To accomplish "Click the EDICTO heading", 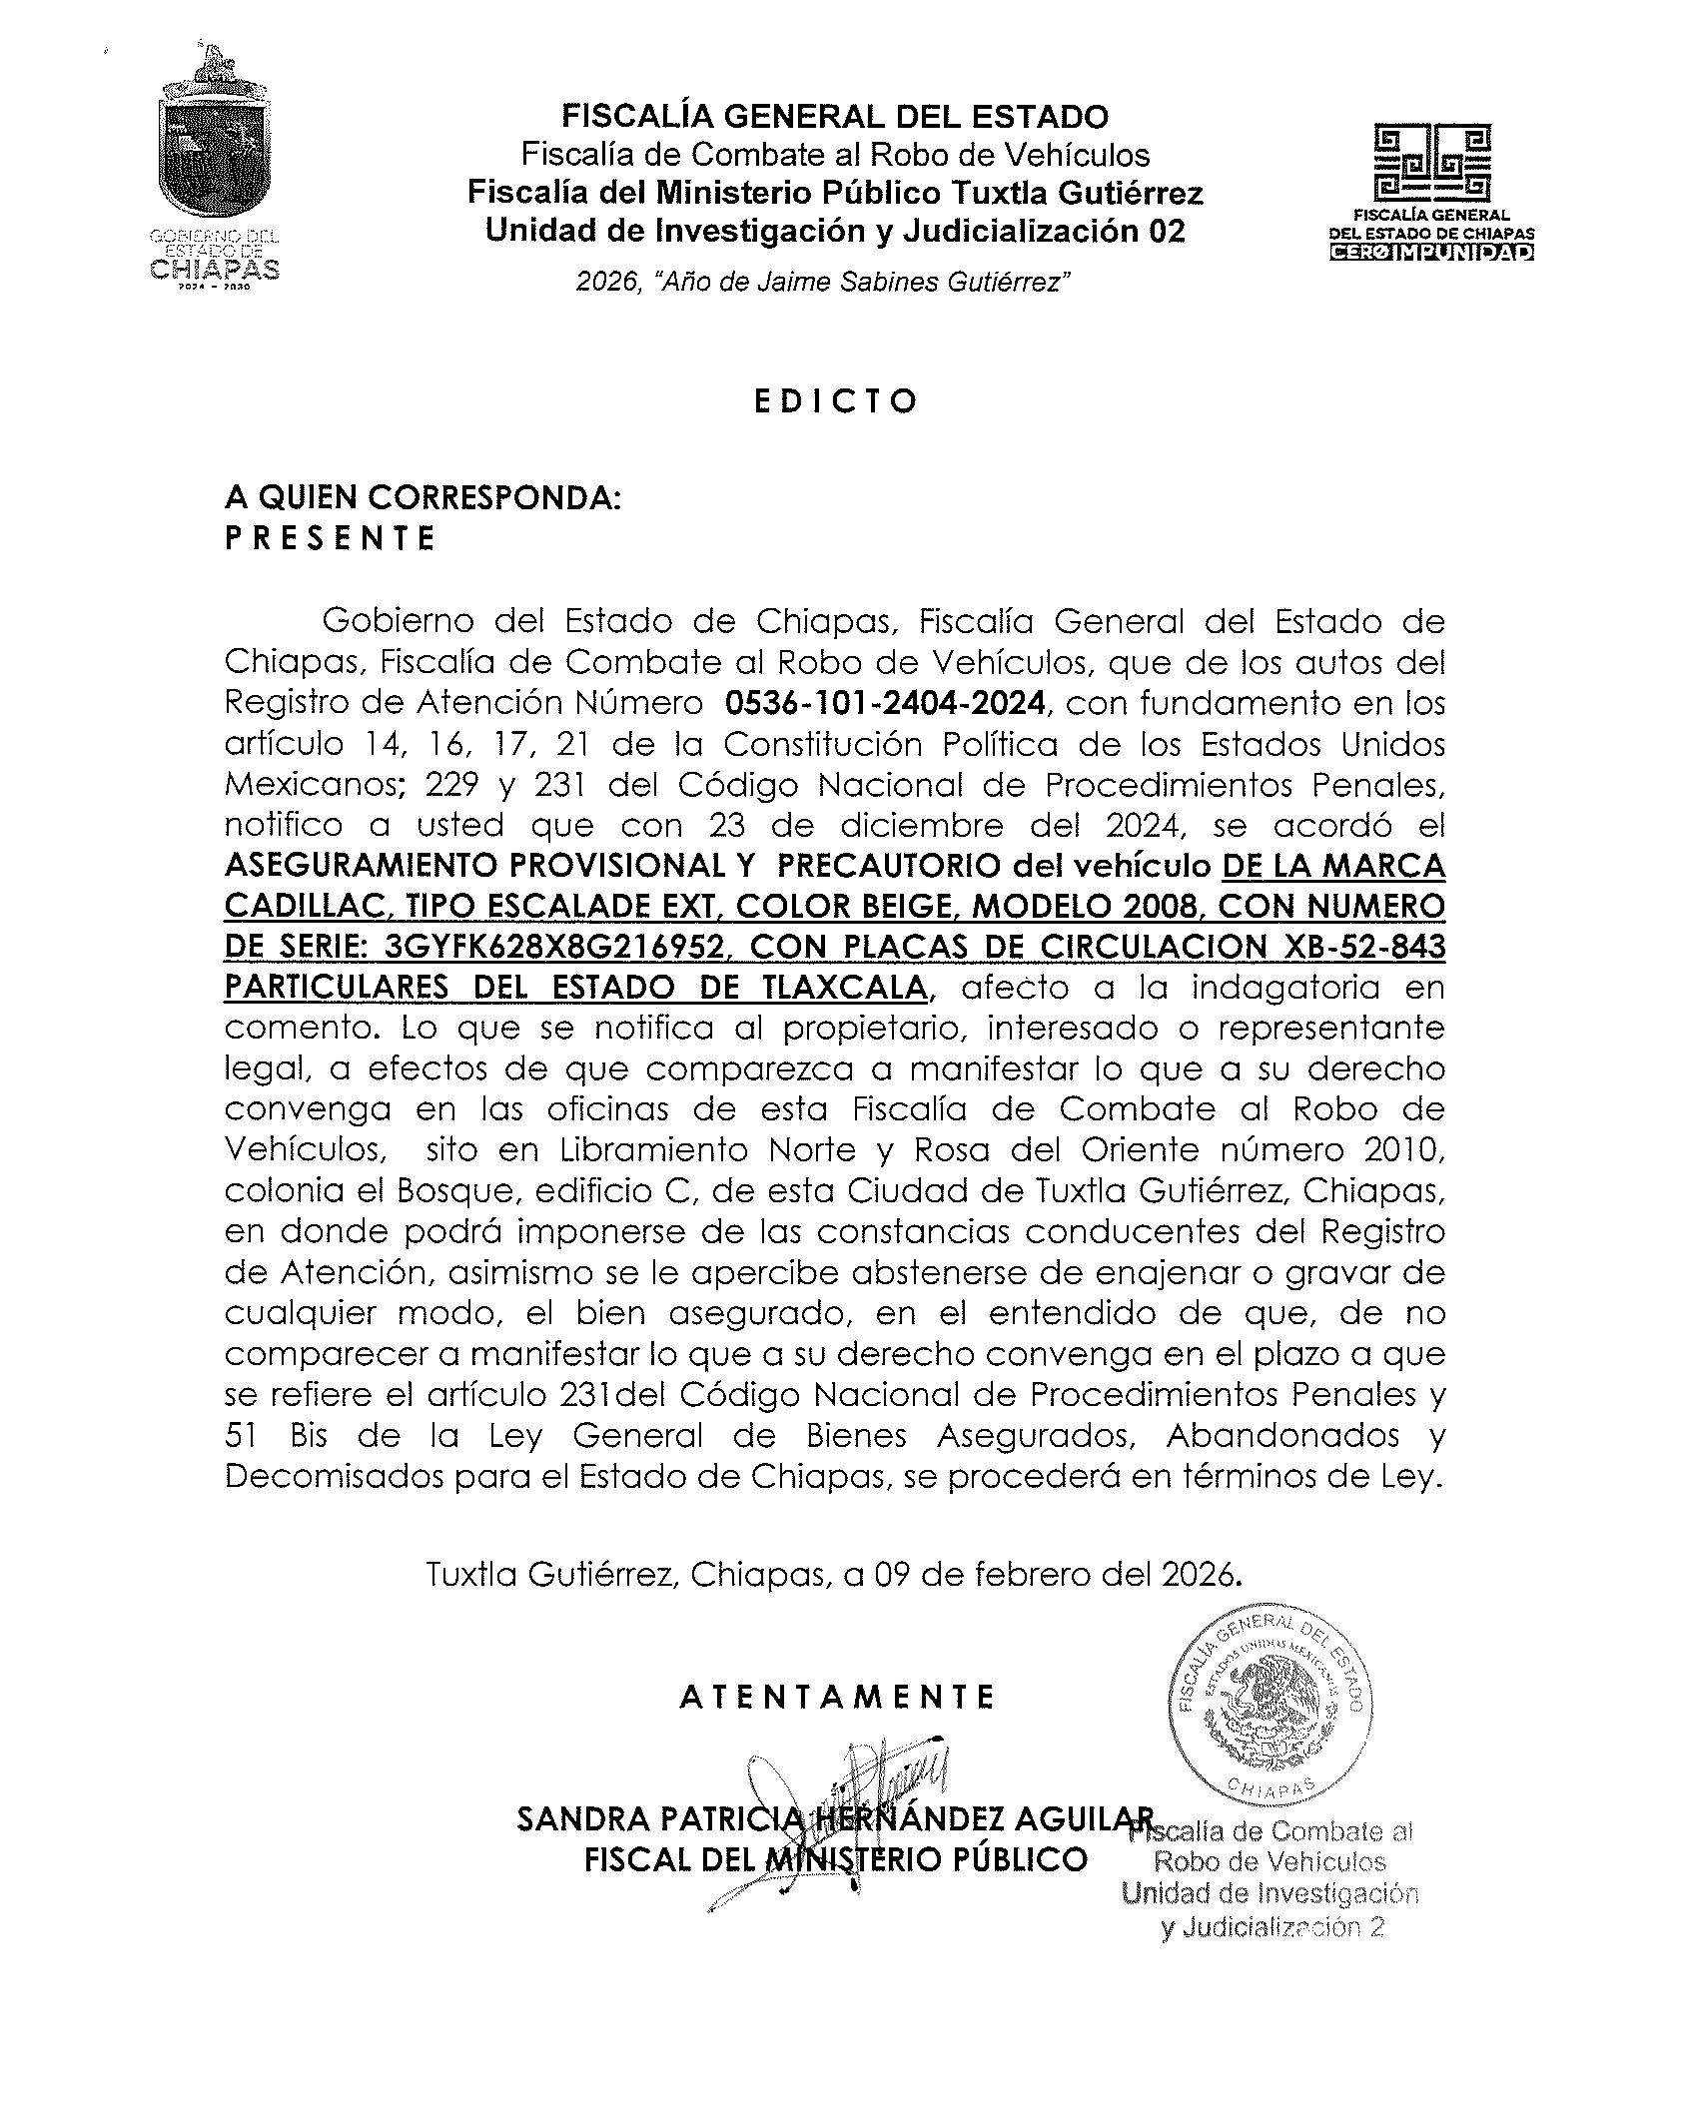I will coord(835,401).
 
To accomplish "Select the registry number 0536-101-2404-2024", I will coord(885,703).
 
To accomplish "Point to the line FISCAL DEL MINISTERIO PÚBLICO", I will coord(835,1859).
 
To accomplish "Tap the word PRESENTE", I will coord(331,539).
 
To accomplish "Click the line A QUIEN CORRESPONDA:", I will coord(423,497).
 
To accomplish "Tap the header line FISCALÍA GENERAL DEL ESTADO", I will coord(835,117).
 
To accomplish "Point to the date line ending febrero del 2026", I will coord(835,1575).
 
